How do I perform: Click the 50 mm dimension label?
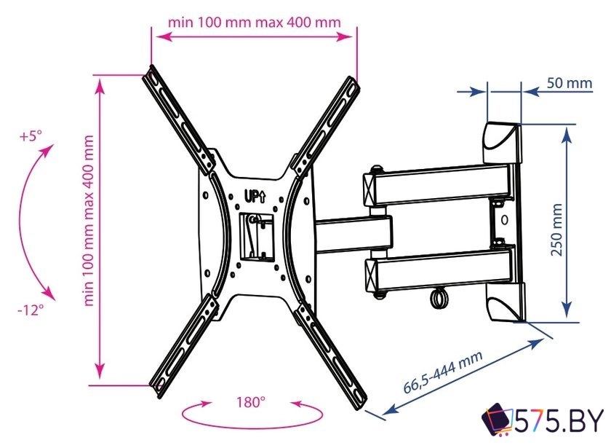click(570, 83)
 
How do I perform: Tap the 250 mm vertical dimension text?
click(557, 229)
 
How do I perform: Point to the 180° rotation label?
click(251, 402)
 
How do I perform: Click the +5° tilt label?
click(31, 137)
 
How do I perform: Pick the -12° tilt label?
click(31, 310)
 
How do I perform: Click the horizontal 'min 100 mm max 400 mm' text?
click(254, 22)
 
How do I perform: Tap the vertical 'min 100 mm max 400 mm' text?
click(89, 221)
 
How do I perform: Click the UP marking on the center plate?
click(255, 196)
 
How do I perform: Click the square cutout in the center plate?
click(256, 237)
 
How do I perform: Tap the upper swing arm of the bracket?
click(437, 185)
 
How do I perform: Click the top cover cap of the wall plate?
click(502, 143)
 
